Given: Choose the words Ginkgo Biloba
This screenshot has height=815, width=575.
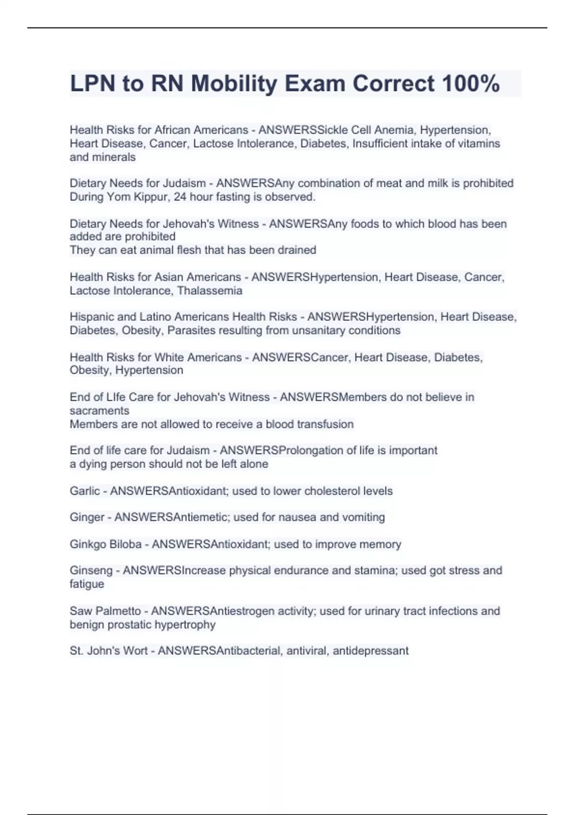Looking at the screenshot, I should click(105, 544).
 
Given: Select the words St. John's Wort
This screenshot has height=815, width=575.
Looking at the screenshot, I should click(108, 651).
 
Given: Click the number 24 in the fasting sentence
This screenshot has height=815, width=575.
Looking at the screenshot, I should click(180, 197).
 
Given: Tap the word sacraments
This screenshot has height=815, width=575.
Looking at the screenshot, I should click(99, 410).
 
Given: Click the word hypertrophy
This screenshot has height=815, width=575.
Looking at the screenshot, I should click(187, 625).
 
